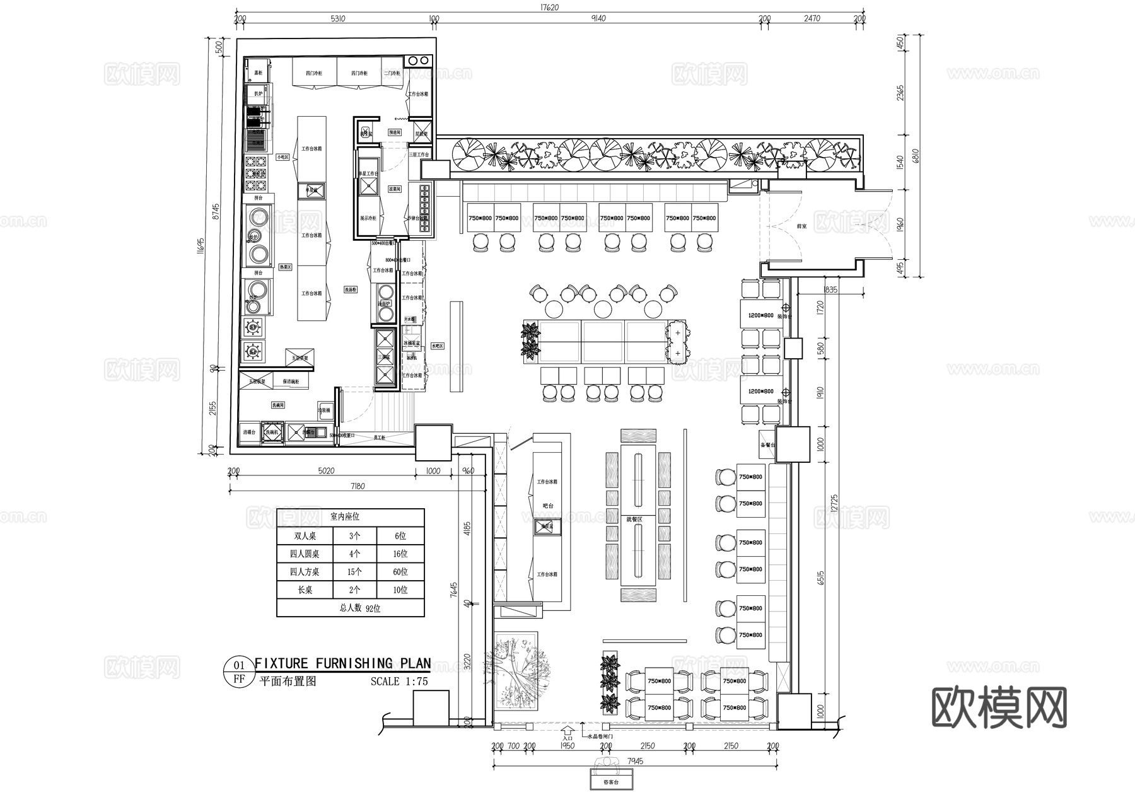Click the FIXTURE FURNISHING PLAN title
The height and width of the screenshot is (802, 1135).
tap(342, 663)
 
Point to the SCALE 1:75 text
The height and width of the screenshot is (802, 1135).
tap(399, 682)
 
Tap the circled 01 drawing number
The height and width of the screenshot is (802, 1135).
tap(239, 665)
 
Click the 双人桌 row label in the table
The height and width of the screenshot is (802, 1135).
tap(305, 537)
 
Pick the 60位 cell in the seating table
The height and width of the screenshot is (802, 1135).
tap(400, 572)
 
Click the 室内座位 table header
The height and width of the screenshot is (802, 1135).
tap(344, 517)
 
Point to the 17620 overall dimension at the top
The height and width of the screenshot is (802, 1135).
tap(549, 8)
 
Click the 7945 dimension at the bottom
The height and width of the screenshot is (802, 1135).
tap(635, 761)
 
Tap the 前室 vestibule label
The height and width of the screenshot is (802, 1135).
tap(802, 225)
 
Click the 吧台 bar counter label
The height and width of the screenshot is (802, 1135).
tap(547, 506)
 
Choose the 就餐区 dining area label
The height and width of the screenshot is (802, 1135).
tap(634, 520)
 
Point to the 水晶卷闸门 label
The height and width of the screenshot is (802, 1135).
tap(600, 736)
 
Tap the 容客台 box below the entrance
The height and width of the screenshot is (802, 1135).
tap(610, 782)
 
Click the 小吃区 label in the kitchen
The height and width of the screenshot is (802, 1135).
tap(282, 157)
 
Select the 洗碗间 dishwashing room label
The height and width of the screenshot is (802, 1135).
tap(278, 405)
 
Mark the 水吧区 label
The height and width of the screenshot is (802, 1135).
tap(437, 346)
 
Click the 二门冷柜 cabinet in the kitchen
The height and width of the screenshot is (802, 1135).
tap(392, 73)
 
